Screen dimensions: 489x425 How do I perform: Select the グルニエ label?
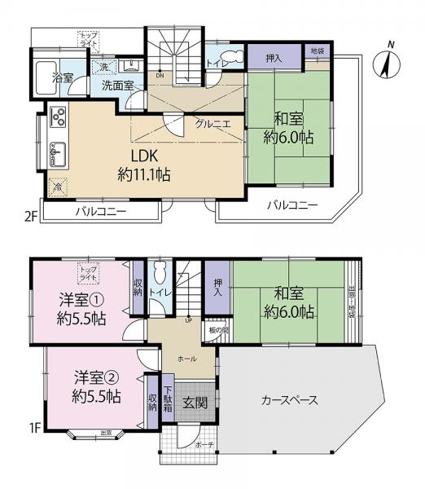[210, 124]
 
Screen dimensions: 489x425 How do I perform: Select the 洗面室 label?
[118, 84]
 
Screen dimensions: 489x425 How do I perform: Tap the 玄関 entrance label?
[194, 402]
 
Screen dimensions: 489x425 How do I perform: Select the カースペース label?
[289, 400]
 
